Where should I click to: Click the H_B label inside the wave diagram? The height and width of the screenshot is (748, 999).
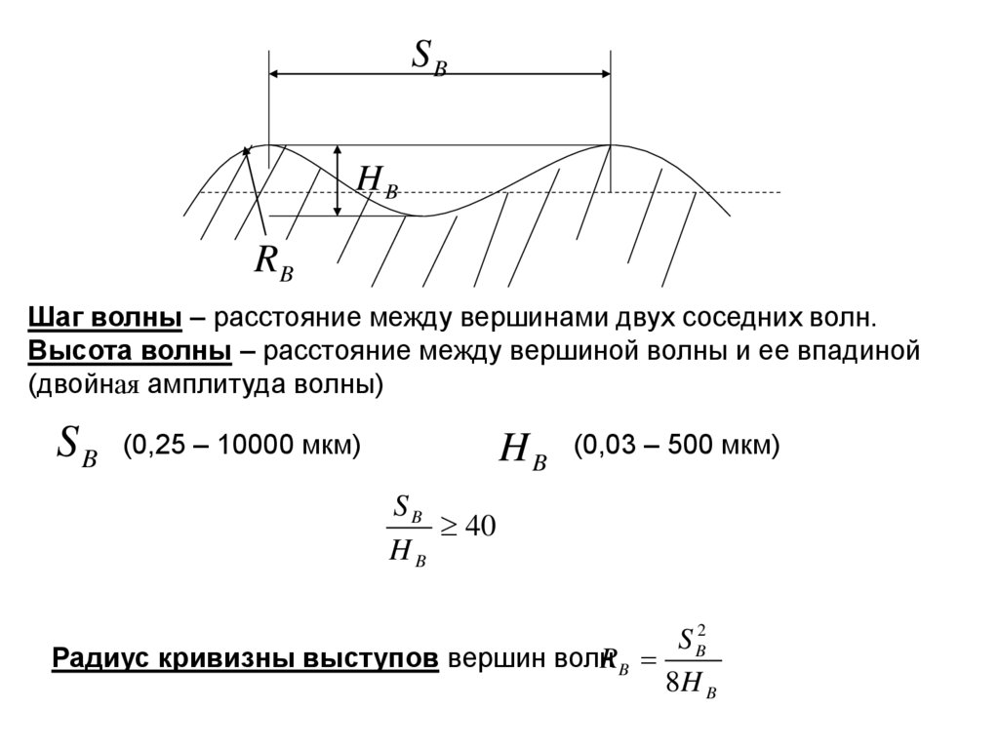click(x=377, y=181)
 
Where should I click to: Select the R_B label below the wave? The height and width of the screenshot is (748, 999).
click(x=273, y=262)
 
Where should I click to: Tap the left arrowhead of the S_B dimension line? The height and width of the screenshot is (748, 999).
click(x=277, y=74)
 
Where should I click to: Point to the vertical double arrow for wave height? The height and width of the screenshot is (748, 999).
click(x=338, y=180)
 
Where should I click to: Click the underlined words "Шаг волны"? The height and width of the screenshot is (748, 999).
click(x=105, y=319)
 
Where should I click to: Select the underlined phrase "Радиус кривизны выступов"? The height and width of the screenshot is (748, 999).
click(x=245, y=657)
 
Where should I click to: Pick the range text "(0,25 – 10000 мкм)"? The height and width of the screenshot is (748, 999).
click(x=241, y=446)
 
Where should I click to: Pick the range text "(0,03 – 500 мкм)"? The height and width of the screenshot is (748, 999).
click(x=676, y=446)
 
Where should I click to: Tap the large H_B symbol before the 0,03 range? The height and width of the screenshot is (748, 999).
click(x=523, y=450)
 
